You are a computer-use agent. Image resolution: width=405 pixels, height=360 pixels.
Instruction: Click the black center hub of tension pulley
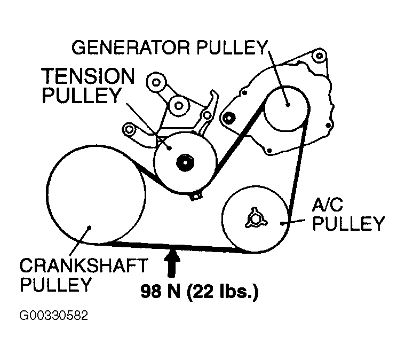tap(185, 161)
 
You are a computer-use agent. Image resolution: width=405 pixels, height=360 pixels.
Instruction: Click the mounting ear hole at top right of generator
tap(319, 56)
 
